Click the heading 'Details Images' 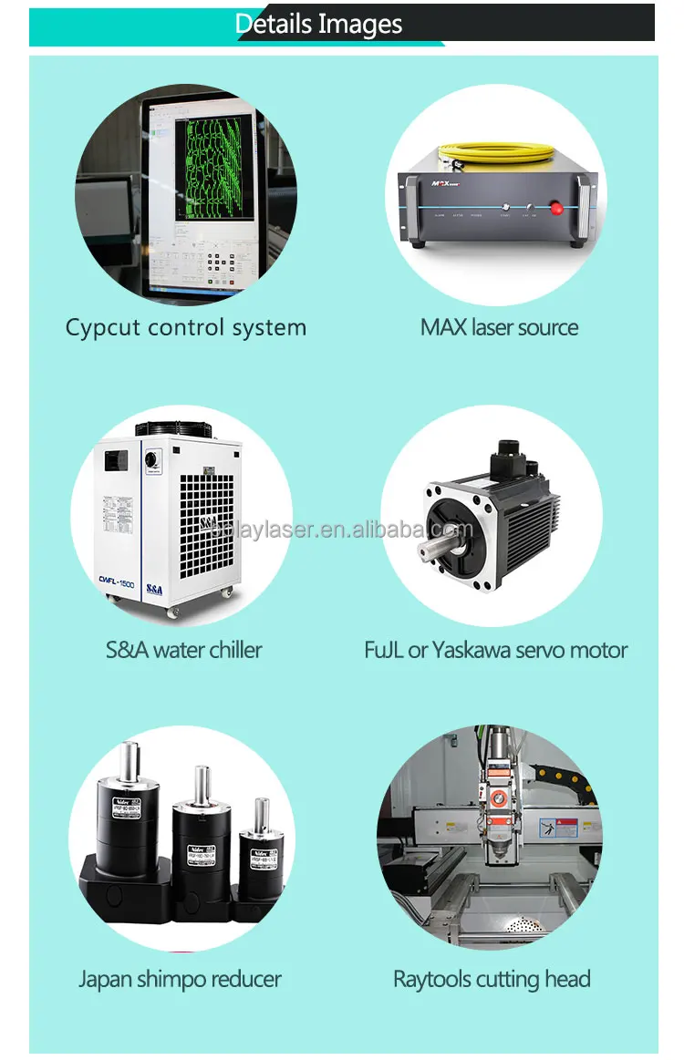318,25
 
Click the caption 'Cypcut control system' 185,328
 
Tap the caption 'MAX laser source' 499,328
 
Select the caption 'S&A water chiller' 183,650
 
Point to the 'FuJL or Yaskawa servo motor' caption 495,650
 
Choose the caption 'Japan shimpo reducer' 180,980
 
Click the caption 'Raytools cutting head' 492,980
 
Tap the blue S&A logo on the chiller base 151,590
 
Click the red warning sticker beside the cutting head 566,828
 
